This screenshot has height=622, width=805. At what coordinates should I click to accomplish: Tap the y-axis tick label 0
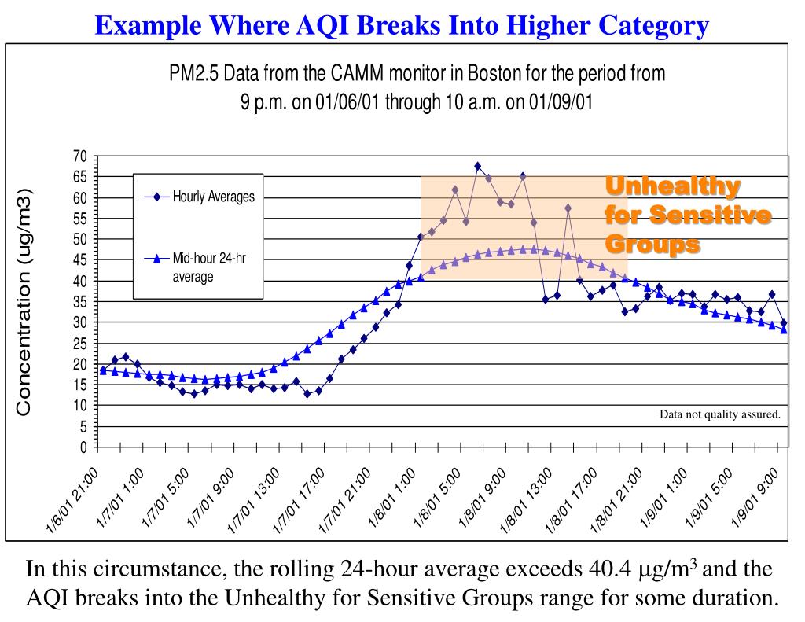[x=83, y=447]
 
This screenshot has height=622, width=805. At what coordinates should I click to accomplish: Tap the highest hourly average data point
[x=477, y=166]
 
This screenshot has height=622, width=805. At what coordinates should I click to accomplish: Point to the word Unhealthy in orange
[x=672, y=187]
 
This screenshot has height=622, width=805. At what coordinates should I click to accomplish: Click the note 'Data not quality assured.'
[x=719, y=414]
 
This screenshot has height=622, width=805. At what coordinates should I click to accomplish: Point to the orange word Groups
[x=652, y=245]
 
